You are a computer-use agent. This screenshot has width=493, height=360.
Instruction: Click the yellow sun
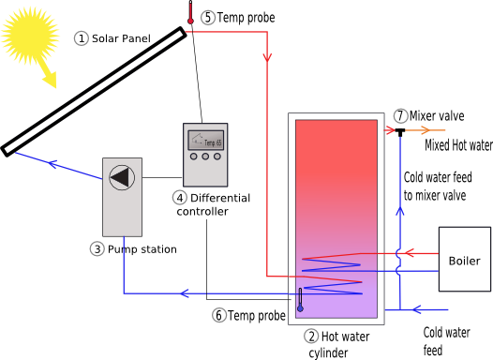[30, 36]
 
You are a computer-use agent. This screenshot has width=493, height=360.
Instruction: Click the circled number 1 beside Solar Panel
[82, 38]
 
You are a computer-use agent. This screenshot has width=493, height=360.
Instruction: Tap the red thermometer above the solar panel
[190, 12]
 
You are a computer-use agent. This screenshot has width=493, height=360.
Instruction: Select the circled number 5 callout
[208, 17]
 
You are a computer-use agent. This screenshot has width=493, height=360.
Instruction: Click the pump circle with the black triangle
[122, 177]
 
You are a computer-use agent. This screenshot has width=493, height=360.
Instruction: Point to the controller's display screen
[205, 141]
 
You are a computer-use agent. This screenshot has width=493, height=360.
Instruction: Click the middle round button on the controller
[205, 157]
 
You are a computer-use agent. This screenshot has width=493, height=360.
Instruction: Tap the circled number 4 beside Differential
[180, 198]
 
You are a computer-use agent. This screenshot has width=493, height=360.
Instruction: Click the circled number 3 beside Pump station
[97, 249]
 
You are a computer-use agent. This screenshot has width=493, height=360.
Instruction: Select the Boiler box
[465, 259]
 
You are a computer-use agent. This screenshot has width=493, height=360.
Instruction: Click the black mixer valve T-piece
[400, 132]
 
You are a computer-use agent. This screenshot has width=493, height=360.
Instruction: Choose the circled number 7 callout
[400, 115]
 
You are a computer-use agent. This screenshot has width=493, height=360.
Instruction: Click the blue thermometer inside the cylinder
[300, 300]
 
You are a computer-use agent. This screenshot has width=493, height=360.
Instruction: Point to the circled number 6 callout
[219, 315]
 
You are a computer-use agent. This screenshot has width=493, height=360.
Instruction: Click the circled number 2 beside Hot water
[311, 337]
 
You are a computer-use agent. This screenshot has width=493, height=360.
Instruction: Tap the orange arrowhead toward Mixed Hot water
[426, 130]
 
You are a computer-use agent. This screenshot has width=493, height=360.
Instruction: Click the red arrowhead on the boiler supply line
[409, 253]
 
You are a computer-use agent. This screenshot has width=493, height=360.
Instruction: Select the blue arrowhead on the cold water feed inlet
[416, 309]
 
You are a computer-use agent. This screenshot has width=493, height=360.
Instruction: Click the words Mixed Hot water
[458, 145]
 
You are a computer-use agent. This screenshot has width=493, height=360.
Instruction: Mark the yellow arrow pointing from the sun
[48, 72]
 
